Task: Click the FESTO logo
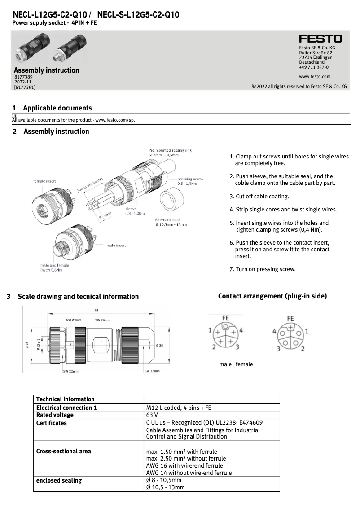point(320,39)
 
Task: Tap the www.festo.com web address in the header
point(314,76)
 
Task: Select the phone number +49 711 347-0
point(314,67)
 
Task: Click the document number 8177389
point(23,77)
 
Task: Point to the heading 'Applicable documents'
point(57,108)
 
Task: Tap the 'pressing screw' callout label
point(190,179)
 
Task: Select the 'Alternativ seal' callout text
point(167,220)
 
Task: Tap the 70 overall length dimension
point(97,310)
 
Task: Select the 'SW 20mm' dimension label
point(102,320)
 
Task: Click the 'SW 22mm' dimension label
point(71,371)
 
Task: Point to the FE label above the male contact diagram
point(226,318)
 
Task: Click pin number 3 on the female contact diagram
point(278,348)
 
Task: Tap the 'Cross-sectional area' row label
point(63,451)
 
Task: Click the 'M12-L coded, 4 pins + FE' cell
point(179,408)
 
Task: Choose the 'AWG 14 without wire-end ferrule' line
point(189,473)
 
